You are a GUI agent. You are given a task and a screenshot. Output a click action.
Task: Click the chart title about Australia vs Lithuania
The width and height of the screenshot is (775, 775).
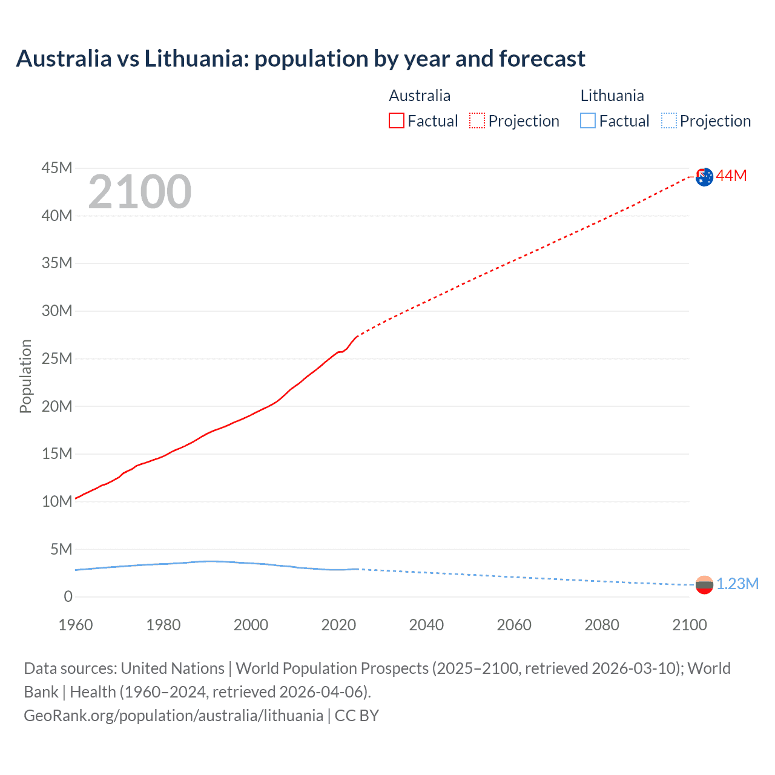tap(300, 59)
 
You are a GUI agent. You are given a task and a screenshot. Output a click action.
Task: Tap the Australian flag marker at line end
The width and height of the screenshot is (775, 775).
tap(704, 177)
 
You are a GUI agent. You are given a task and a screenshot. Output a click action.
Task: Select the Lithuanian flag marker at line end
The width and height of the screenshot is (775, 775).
tap(704, 585)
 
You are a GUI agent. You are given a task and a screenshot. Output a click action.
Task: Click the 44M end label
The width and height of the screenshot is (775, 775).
tap(731, 176)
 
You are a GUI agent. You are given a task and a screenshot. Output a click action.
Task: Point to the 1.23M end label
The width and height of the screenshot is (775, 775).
tap(737, 584)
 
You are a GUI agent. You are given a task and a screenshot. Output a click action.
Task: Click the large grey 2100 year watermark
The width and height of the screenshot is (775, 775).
tap(140, 192)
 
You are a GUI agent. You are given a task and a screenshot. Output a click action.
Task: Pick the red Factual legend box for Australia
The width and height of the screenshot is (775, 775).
tap(397, 121)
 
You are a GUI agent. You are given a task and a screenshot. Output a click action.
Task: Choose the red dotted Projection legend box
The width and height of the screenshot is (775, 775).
tap(477, 121)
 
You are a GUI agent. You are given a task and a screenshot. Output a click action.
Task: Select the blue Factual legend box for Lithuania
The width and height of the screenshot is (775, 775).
tap(588, 121)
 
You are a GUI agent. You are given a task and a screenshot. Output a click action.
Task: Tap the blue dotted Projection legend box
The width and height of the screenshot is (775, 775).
tap(669, 121)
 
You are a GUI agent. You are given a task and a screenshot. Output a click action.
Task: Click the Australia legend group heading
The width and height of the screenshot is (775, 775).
tap(420, 96)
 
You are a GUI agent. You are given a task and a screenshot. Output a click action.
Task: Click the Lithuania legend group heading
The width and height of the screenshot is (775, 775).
tap(612, 96)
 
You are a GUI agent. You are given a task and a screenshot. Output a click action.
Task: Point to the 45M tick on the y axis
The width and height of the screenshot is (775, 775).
tap(57, 168)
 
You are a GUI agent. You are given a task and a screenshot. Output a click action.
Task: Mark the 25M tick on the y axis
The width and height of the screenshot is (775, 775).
tap(57, 358)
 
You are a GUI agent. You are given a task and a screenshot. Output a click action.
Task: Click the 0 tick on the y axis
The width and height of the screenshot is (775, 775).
tap(68, 597)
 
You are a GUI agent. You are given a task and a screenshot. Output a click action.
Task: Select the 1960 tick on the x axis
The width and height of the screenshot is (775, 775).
tap(76, 625)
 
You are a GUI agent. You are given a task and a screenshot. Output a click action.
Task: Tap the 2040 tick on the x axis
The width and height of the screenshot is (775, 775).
tap(426, 625)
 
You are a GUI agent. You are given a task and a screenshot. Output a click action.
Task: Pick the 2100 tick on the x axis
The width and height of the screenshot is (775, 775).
tap(690, 625)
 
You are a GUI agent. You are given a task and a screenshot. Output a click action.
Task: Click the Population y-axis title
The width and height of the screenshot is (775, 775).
tap(25, 376)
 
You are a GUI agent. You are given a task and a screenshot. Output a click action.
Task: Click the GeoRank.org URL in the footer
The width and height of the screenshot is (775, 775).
tap(173, 716)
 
